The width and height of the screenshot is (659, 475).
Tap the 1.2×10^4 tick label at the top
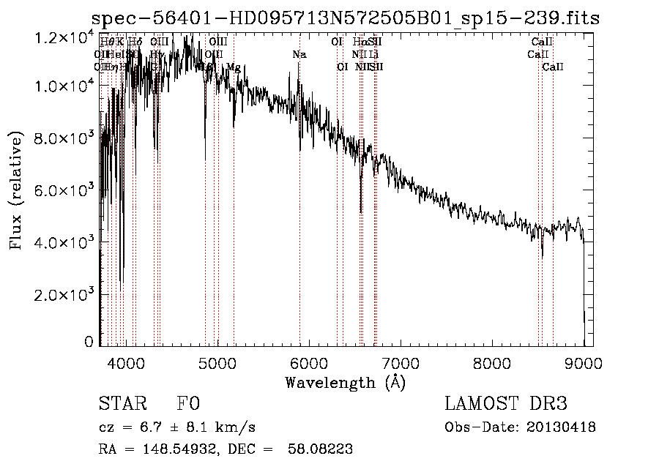coord(62,34)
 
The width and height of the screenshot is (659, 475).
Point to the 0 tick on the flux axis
coord(89,342)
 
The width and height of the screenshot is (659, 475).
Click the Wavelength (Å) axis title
coord(345,382)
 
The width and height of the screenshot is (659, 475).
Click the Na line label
coord(299,55)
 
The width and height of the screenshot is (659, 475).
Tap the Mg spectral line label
coord(233,67)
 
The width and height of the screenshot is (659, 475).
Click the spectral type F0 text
coord(188,405)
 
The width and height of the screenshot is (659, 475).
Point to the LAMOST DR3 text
coord(506,405)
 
